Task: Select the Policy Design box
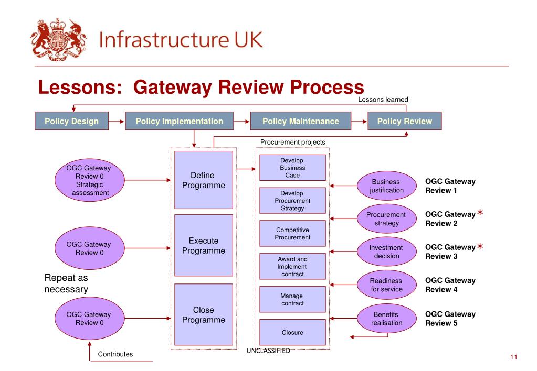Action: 71,121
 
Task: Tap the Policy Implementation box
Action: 179,121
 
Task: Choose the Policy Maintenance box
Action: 300,121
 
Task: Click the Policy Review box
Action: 404,121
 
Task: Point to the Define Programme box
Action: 203,180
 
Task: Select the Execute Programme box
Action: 203,245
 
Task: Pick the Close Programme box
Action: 203,315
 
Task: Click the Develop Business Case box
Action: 292,168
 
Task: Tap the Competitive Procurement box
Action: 292,234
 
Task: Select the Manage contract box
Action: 292,299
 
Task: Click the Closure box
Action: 292,332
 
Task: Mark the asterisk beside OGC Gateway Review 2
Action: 480,213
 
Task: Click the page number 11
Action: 513,357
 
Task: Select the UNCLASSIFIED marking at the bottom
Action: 268,351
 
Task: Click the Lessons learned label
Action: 383,100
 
